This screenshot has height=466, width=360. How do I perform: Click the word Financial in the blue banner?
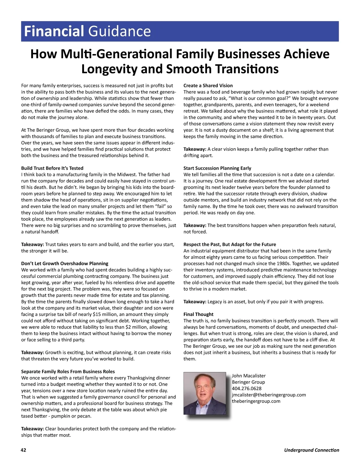point(54,31)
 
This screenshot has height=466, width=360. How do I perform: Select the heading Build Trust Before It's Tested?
point(52,168)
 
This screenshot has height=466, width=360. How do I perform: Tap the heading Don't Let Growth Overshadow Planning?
point(64,263)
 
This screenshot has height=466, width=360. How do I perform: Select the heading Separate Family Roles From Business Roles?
point(68,371)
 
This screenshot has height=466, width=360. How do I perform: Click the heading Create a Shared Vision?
point(208,86)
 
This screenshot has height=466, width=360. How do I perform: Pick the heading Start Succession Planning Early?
point(217,168)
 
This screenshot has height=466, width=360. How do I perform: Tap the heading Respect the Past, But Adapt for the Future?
point(229,244)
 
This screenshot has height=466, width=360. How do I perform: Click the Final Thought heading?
point(198,314)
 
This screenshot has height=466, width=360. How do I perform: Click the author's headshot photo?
point(205,393)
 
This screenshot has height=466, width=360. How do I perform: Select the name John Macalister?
point(249,376)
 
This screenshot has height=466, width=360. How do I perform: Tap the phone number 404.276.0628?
point(247,388)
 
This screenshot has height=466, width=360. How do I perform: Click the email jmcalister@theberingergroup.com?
point(269,395)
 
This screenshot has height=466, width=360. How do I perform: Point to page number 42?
point(23,450)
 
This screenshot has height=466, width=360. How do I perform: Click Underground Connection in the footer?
point(311,450)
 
